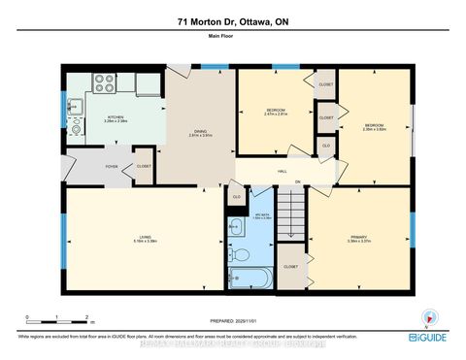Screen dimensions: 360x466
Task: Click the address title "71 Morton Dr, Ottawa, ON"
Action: coord(233,21)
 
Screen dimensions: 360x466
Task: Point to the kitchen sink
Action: coord(74,109)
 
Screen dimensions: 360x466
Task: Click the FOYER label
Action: coord(113,166)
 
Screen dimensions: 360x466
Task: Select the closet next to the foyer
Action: coord(143,166)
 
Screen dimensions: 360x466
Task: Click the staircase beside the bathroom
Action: coord(292,213)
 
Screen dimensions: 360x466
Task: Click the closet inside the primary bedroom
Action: coord(290,265)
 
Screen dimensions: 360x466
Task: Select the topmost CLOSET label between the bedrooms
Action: coord(325,84)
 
